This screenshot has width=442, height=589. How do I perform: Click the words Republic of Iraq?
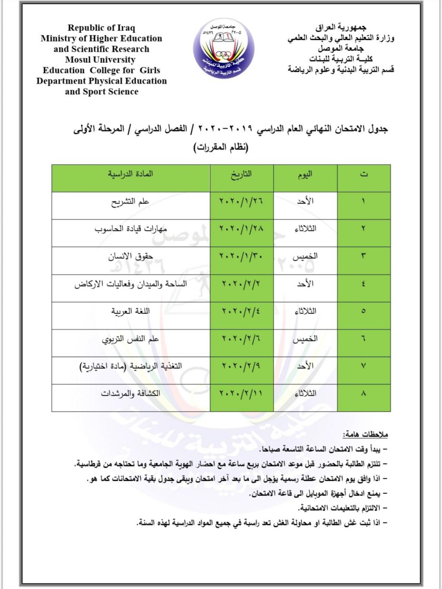[x=101, y=28]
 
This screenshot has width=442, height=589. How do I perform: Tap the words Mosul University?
[x=100, y=60]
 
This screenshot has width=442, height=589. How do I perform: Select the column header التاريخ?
[x=241, y=175]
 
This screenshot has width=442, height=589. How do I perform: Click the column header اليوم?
[x=305, y=175]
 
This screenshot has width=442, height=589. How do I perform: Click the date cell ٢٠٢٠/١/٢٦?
[x=241, y=201]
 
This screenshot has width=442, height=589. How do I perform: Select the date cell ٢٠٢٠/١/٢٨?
[x=241, y=229]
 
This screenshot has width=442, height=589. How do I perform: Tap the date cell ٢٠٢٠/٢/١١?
[x=241, y=394]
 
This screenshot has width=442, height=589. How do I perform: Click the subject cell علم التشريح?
[x=130, y=202]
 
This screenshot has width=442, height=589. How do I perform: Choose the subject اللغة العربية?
[x=130, y=311]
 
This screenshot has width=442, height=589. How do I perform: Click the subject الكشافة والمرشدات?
[x=130, y=394]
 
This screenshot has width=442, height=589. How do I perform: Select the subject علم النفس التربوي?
[x=130, y=339]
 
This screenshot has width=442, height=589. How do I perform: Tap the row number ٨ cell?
[x=363, y=394]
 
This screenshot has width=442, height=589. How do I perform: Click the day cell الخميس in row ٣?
[x=305, y=256]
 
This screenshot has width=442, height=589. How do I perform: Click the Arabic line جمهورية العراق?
[x=341, y=28]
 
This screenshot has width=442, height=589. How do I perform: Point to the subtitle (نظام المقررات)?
[x=221, y=147]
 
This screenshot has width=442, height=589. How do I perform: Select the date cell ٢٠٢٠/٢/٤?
[x=241, y=311]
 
